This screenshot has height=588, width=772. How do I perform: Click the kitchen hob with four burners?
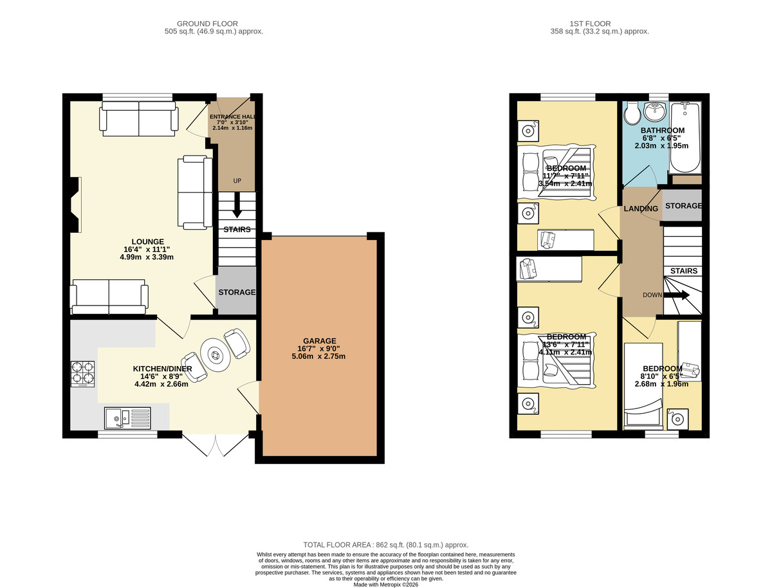82,374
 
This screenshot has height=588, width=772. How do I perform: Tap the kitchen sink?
127,419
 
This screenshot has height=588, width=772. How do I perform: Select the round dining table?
216,355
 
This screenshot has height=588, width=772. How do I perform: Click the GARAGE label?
319,341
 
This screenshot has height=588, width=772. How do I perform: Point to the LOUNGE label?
148,242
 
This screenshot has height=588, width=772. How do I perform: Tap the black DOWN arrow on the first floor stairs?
676,295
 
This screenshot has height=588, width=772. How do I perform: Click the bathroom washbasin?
655,112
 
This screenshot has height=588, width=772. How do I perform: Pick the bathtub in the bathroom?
685,138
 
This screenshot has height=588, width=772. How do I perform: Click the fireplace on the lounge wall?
75,205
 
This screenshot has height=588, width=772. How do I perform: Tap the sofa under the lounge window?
139,118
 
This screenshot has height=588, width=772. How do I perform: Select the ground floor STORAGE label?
237,292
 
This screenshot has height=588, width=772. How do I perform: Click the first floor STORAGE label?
683,206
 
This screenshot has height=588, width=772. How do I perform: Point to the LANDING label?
641,208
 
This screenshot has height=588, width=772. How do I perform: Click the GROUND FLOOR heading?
207,24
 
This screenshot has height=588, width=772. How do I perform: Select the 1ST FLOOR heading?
590,24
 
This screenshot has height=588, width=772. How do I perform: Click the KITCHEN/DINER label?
163,369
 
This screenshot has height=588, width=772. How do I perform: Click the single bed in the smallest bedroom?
643,386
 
